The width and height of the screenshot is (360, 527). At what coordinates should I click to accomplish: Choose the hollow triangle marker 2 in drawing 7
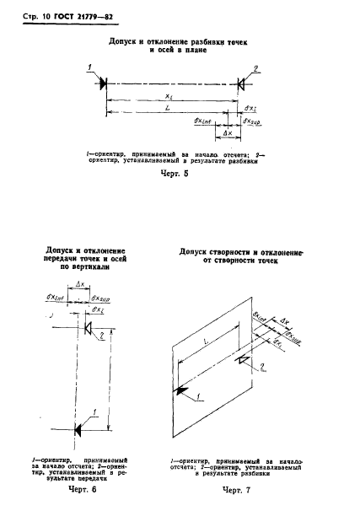pos(244,359)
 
